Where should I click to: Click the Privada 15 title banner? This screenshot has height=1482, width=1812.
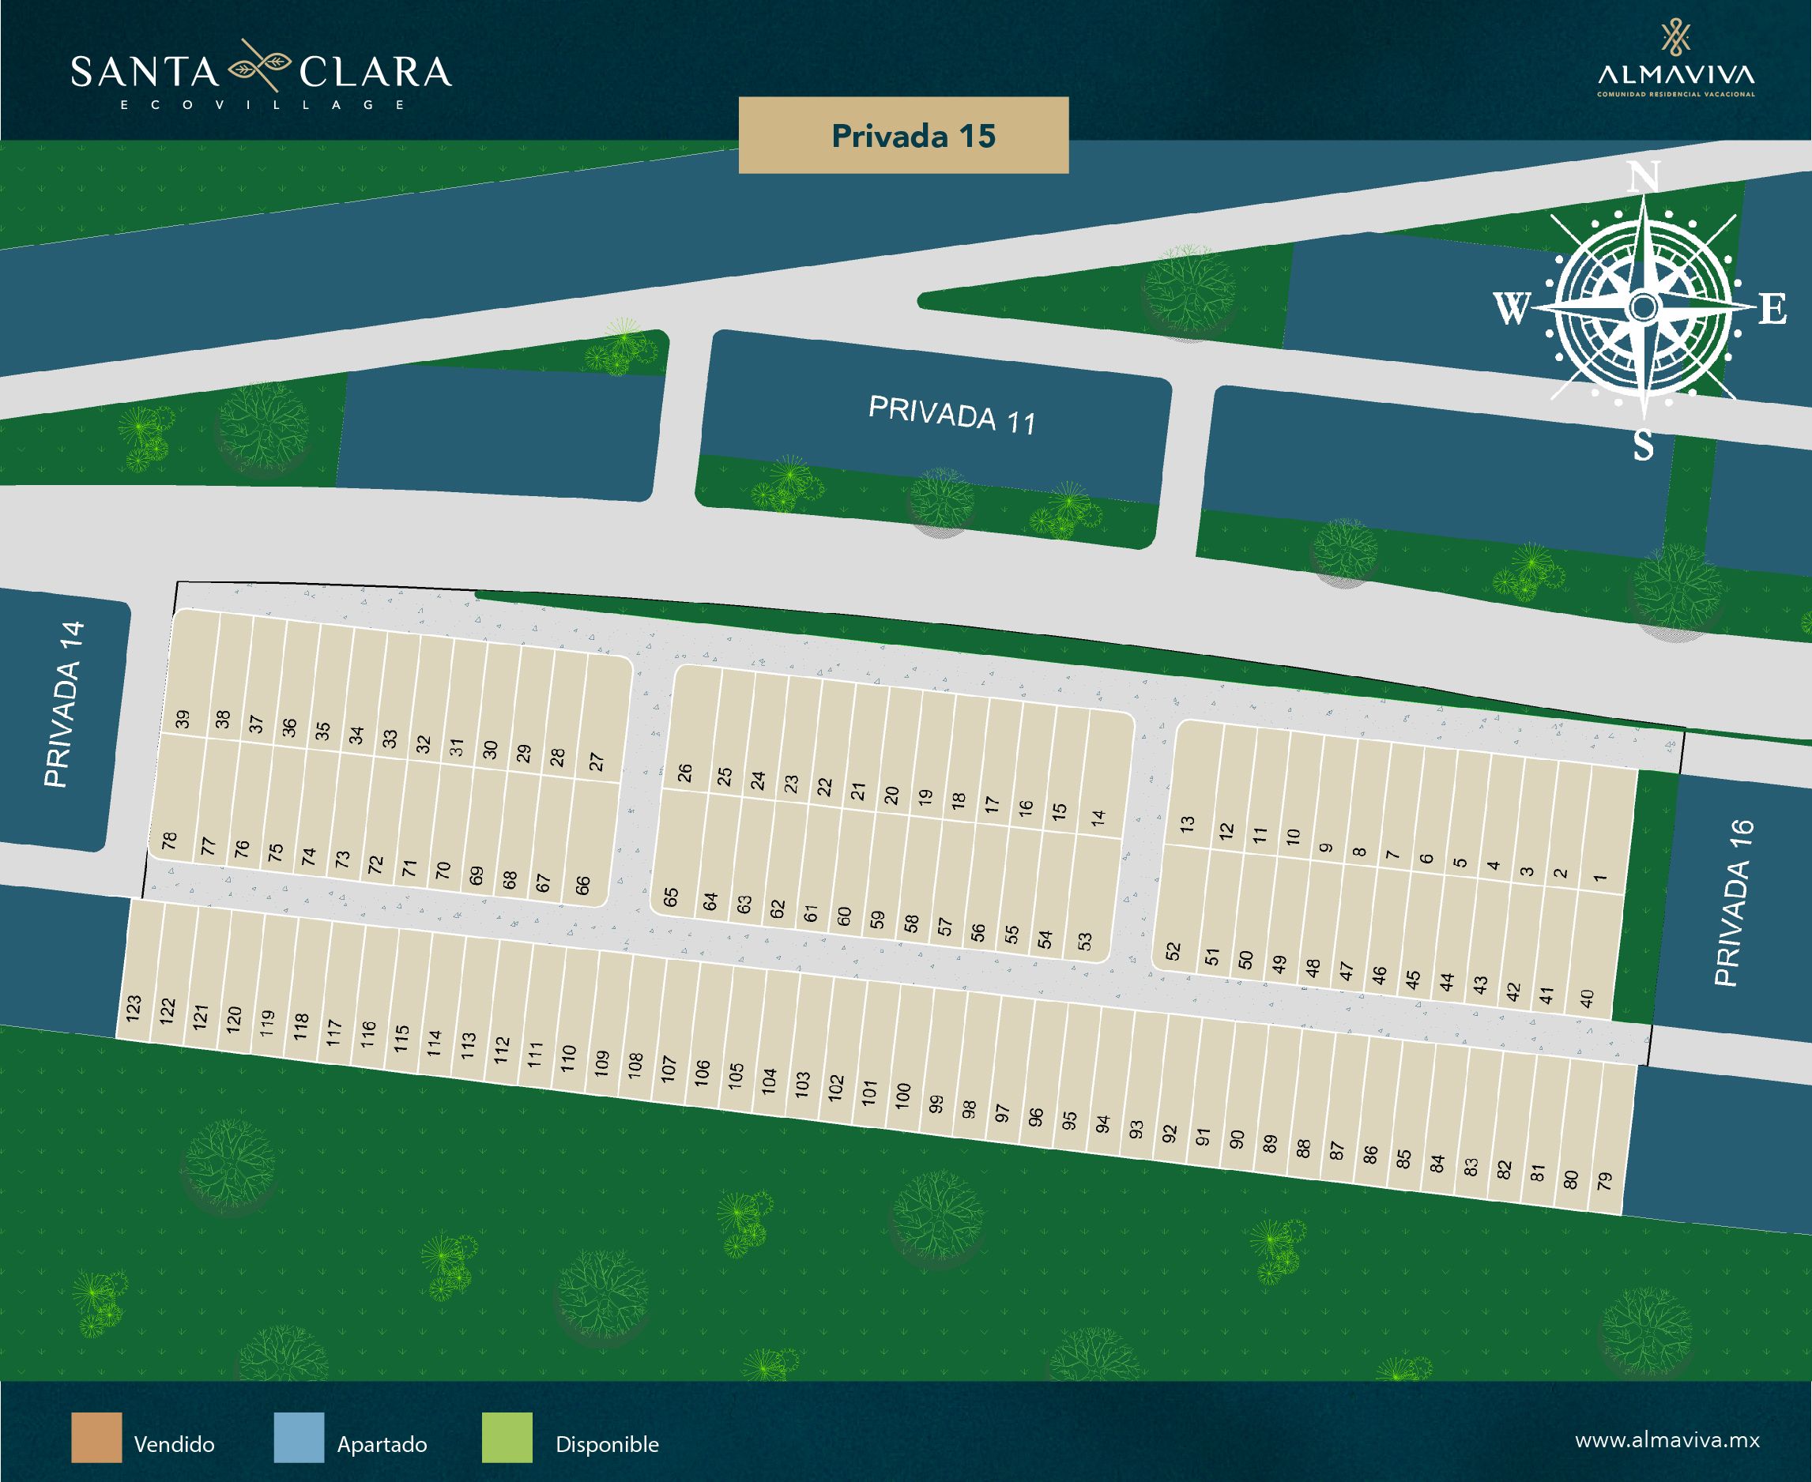click(902, 136)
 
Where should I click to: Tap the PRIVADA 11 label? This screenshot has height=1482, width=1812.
click(951, 415)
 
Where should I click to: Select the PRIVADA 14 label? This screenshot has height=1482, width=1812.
click(65, 705)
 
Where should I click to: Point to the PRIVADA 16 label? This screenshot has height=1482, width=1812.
click(1734, 902)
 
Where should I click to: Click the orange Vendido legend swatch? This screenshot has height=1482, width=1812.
click(96, 1438)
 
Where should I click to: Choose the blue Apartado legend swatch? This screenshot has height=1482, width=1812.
click(299, 1438)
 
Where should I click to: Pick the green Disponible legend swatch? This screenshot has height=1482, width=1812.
click(507, 1438)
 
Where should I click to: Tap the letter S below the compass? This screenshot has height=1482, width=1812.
click(1644, 446)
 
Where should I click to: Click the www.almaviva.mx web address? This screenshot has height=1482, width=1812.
click(1667, 1440)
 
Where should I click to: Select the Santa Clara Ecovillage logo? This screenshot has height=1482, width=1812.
click(261, 75)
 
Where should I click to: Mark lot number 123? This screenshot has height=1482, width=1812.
click(134, 1008)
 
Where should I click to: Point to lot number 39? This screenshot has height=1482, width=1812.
click(182, 720)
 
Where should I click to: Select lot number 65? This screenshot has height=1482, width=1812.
click(671, 897)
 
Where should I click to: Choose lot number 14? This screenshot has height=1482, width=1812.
click(1098, 817)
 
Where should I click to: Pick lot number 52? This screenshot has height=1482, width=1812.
click(1173, 950)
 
